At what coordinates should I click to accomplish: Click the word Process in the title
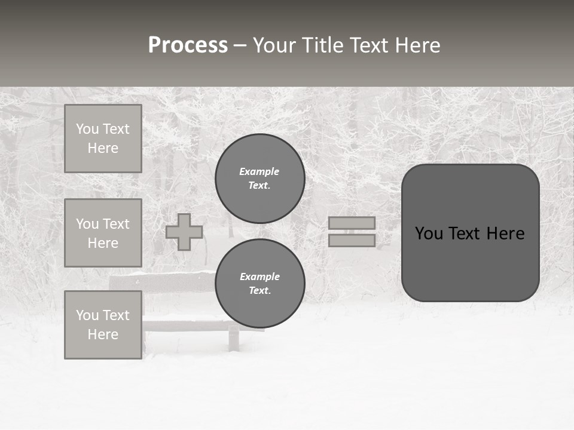click(188, 45)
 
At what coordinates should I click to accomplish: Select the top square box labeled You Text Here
click(103, 139)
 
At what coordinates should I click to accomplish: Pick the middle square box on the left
click(103, 233)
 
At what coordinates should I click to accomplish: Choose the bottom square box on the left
click(103, 325)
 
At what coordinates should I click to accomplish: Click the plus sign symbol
click(184, 232)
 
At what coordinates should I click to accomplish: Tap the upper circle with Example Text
click(260, 179)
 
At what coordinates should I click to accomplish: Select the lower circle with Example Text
click(260, 284)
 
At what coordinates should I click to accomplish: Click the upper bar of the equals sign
click(352, 223)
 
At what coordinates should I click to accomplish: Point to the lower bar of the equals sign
click(352, 241)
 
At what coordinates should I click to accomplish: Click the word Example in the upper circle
click(259, 172)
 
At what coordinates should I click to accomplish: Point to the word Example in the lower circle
click(259, 277)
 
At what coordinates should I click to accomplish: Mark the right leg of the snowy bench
click(233, 339)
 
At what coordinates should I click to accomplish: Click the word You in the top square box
click(87, 129)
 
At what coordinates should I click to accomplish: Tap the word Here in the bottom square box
click(103, 334)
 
